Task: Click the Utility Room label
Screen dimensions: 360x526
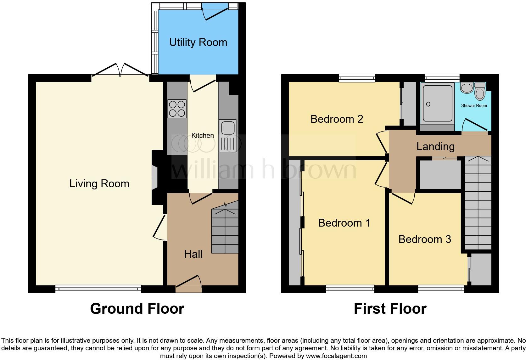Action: (x=198, y=42)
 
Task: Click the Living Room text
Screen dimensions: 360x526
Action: (x=99, y=183)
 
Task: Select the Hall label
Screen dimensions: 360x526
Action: (x=193, y=254)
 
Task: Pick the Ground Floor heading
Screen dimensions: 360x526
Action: (x=137, y=309)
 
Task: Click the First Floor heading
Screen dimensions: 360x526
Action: (x=390, y=309)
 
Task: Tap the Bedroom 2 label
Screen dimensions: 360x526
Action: (x=337, y=119)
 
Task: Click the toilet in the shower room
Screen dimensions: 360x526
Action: (x=480, y=92)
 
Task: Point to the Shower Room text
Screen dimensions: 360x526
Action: (x=474, y=105)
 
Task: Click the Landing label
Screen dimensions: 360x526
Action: (x=435, y=146)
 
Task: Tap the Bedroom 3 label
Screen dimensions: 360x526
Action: (x=425, y=239)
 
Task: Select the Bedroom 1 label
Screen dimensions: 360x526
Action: (x=344, y=223)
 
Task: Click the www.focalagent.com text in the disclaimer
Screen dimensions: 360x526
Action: (x=336, y=356)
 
